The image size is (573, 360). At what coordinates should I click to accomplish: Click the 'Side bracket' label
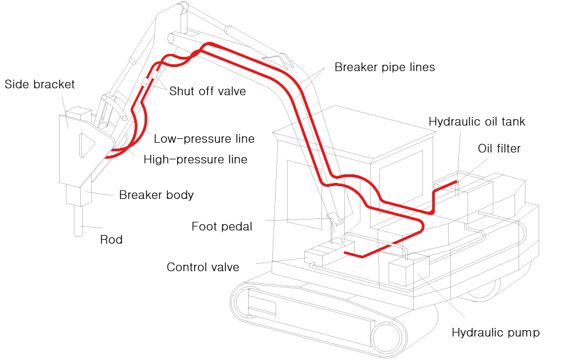40,84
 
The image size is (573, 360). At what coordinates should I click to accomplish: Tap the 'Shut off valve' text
207,91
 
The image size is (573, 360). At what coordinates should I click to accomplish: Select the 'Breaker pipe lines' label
385,67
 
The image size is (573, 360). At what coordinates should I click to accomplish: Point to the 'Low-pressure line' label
204,139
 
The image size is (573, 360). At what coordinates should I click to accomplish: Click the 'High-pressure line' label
195,159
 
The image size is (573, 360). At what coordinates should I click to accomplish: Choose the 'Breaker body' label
156,195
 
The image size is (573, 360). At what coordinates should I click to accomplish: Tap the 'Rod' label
112,240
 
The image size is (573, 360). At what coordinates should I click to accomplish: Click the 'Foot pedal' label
222,226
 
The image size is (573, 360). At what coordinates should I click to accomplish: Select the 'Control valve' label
203,267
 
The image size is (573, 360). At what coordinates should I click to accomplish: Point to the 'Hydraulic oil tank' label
477,122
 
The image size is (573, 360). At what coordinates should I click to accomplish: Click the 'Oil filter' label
499,148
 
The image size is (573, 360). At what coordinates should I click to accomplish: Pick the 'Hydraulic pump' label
496,332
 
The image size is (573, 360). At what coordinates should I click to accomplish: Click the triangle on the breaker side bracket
87,146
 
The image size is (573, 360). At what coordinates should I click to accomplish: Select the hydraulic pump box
409,271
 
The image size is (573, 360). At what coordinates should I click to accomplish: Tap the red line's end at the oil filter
457,181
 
